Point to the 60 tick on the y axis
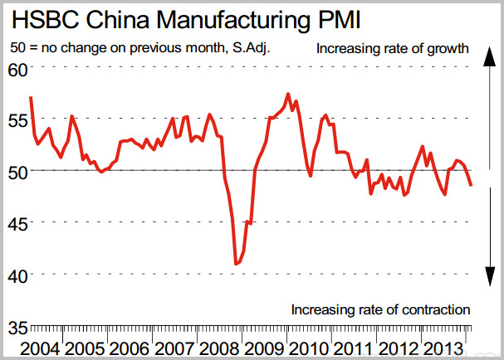[17, 69]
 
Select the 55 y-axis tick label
[17, 119]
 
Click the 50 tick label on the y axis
[17, 171]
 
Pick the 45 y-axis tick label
[17, 222]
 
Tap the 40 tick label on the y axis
[17, 274]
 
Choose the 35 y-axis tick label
[17, 326]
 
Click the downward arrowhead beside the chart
[491, 275]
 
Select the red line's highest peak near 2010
[287, 94]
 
